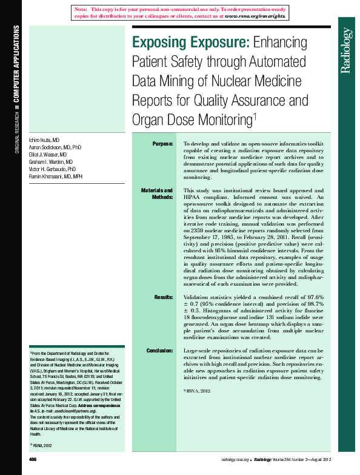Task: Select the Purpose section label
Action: point(162,143)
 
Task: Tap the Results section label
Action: point(164,297)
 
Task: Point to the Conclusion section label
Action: point(160,351)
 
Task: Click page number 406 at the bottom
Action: point(33,460)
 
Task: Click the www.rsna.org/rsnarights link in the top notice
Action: point(255,16)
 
